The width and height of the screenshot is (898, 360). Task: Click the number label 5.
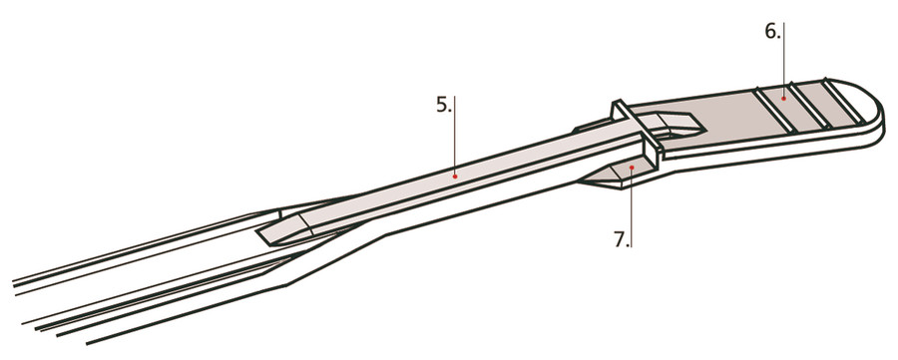444,104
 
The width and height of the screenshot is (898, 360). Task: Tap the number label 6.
773,31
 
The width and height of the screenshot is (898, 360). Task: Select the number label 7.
621,238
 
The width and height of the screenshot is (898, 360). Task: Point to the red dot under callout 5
455,175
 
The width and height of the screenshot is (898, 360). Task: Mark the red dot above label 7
632,168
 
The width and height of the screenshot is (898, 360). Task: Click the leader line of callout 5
455,140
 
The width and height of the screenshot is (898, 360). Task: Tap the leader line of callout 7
632,204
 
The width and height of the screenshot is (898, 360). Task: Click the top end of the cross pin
618,105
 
